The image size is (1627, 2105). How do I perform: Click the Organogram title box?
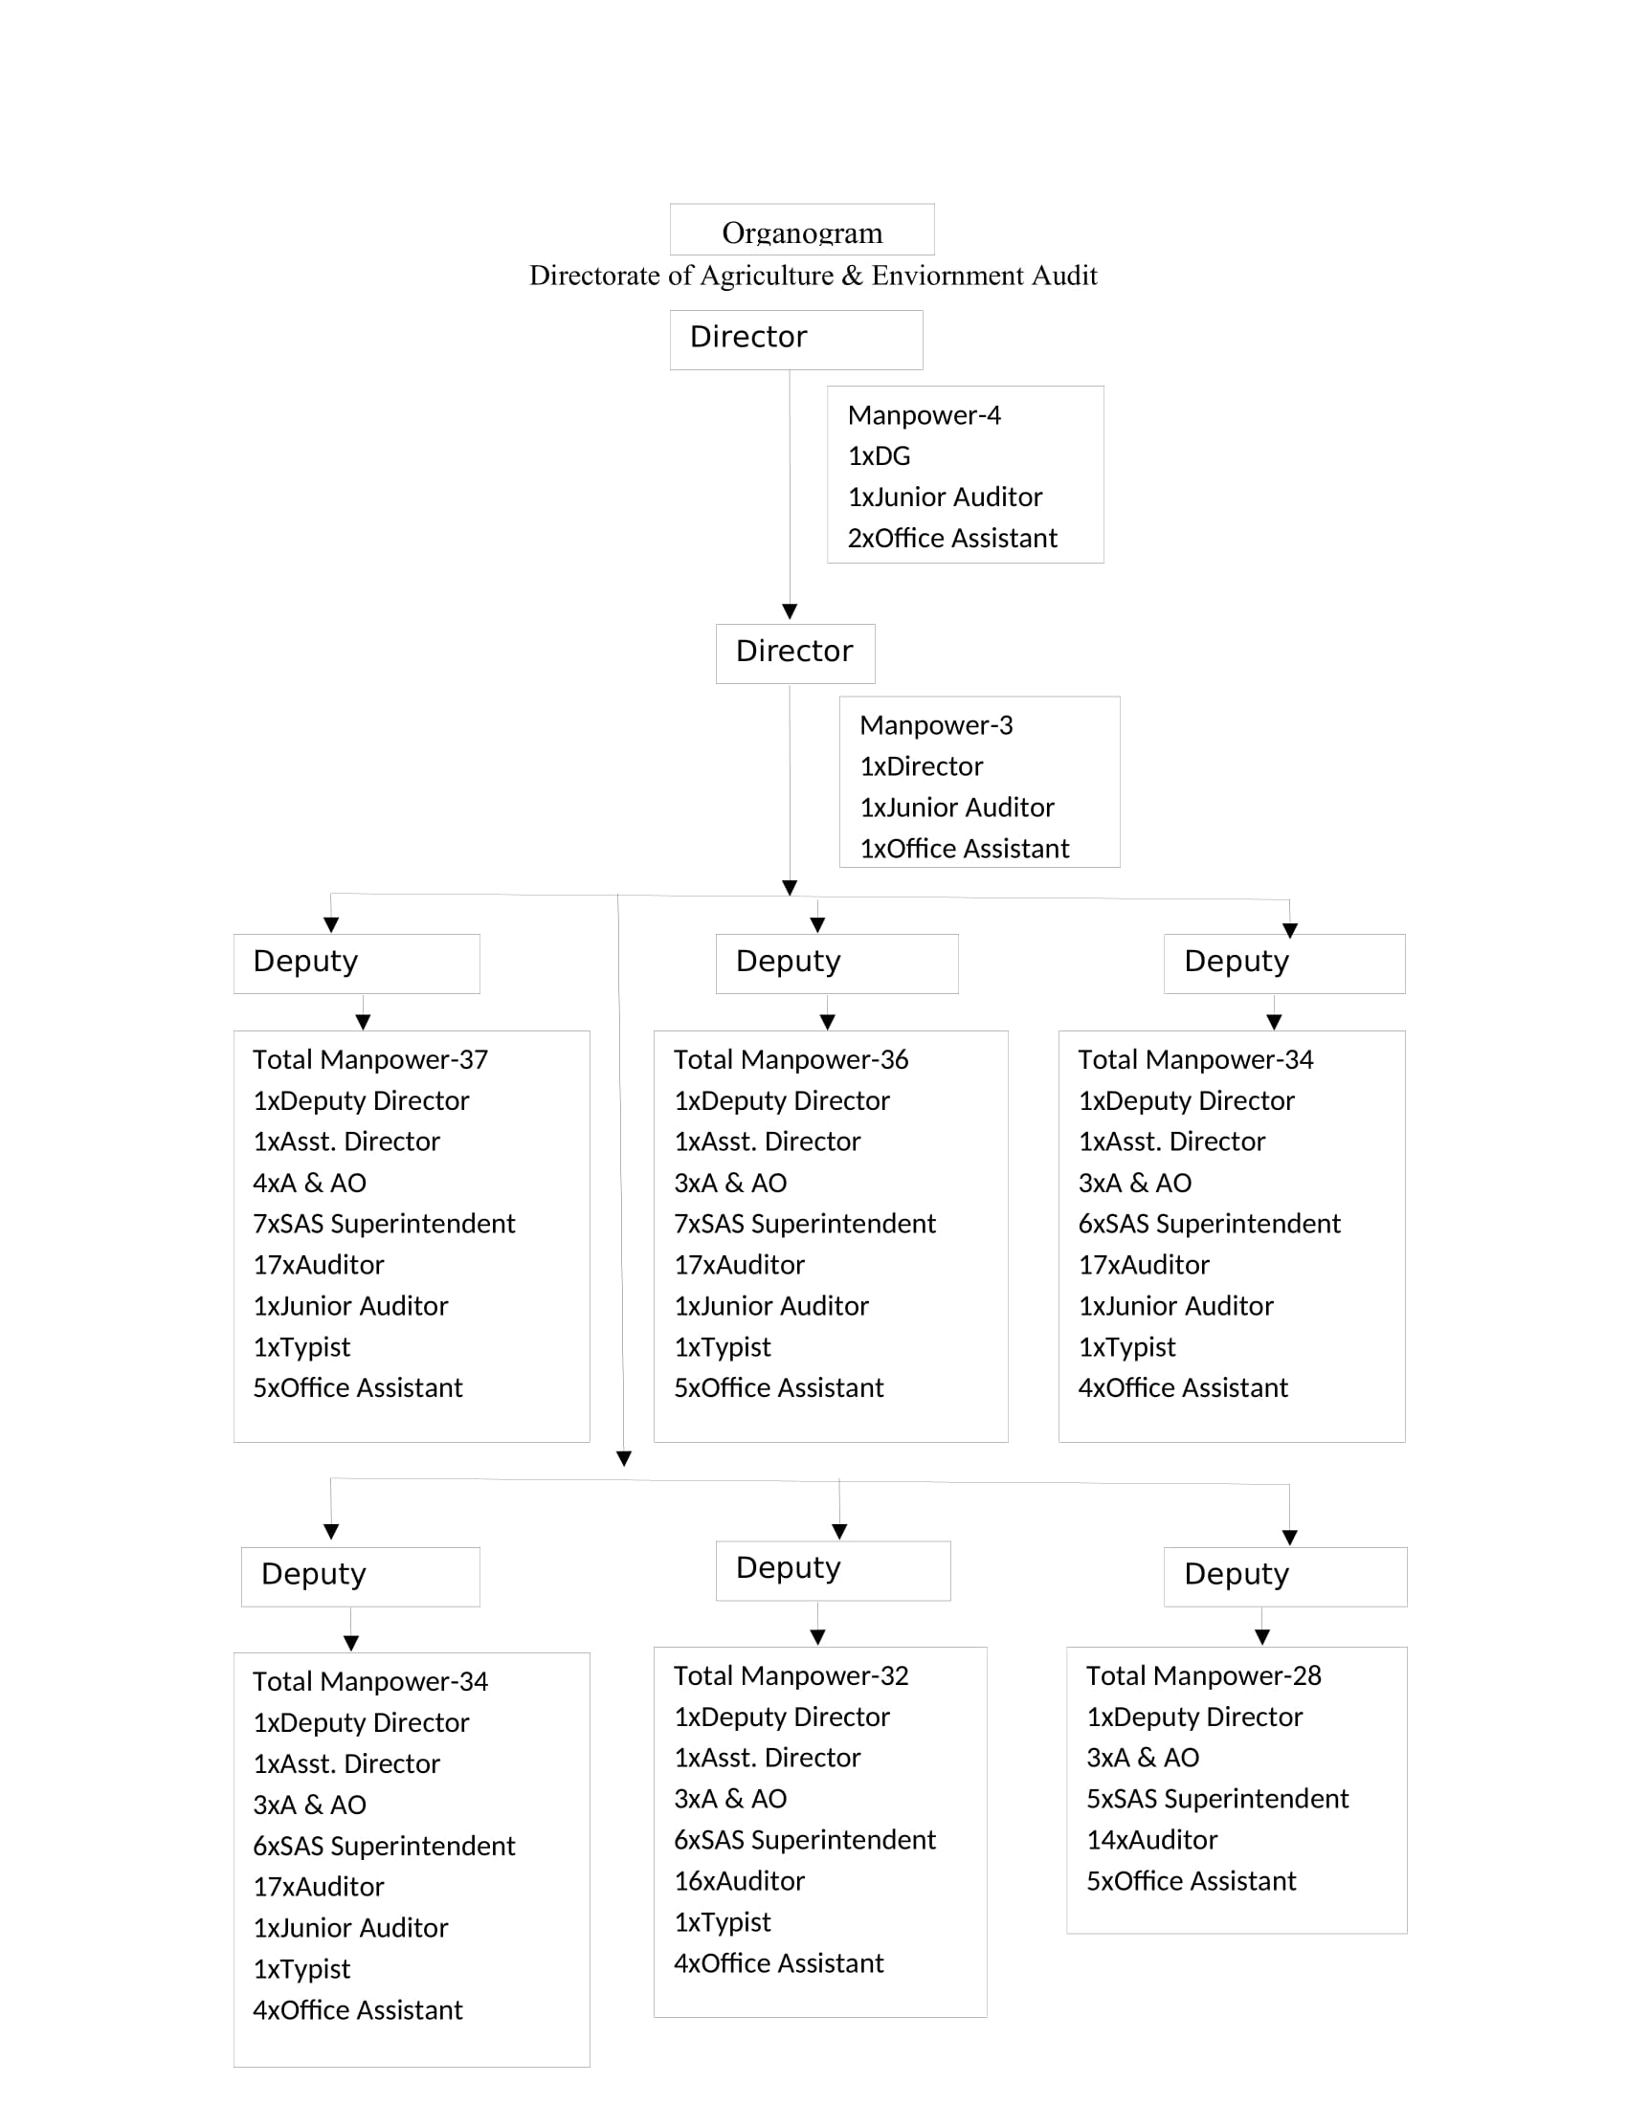pyautogui.click(x=802, y=230)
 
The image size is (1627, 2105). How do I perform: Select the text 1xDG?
pyautogui.click(x=879, y=455)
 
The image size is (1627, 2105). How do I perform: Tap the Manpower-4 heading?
pyautogui.click(x=925, y=415)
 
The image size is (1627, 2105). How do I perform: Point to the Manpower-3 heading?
pyautogui.click(x=936, y=726)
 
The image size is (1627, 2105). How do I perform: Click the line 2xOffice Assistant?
pyautogui.click(x=952, y=538)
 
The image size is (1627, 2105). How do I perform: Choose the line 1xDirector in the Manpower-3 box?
pyautogui.click(x=922, y=766)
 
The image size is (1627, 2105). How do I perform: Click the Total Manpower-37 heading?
pyautogui.click(x=370, y=1060)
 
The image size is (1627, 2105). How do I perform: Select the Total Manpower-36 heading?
pyautogui.click(x=791, y=1060)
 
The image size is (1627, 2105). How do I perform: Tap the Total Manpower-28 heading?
pyautogui.click(x=1203, y=1676)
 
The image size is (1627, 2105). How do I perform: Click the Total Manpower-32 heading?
pyautogui.click(x=791, y=1676)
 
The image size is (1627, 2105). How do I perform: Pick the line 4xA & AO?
pyautogui.click(x=309, y=1183)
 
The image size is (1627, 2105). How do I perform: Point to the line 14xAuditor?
pyautogui.click(x=1151, y=1840)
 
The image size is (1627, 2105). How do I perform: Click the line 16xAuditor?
pyautogui.click(x=739, y=1881)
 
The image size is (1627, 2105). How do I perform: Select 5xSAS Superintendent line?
pyautogui.click(x=1217, y=1800)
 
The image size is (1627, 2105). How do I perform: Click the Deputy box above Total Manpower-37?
pyautogui.click(x=357, y=964)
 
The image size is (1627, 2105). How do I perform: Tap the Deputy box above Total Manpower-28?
pyautogui.click(x=1284, y=1578)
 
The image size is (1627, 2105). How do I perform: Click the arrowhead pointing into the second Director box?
pyautogui.click(x=790, y=612)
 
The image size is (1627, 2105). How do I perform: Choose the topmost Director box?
pyautogui.click(x=796, y=341)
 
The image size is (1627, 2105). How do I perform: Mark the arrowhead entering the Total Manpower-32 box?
pyautogui.click(x=817, y=1636)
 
